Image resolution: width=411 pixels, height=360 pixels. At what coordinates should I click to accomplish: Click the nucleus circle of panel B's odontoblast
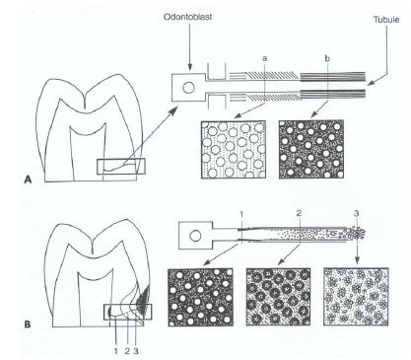click(193, 236)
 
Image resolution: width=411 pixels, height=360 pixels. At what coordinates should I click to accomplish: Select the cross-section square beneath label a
click(235, 150)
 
